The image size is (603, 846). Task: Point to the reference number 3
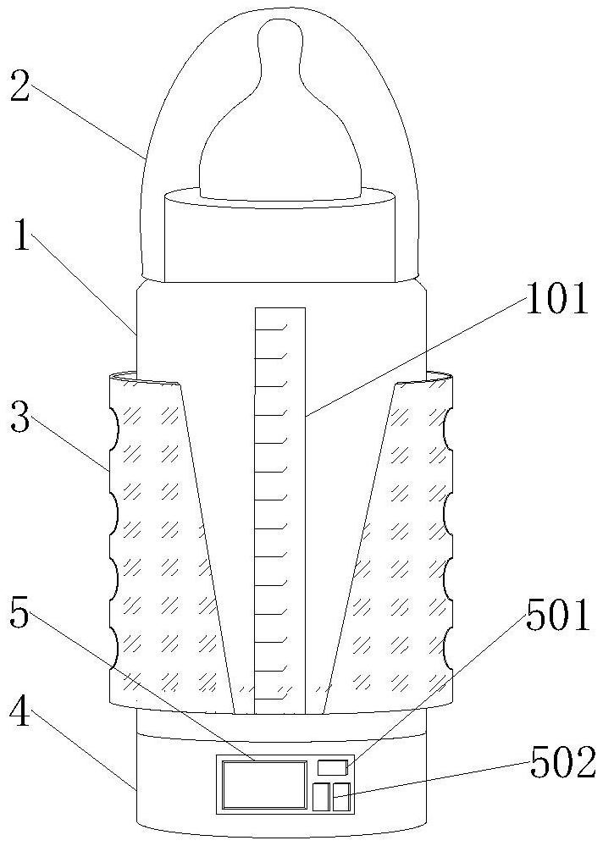click(21, 417)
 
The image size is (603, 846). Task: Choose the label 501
click(556, 617)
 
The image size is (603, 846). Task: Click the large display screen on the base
click(263, 784)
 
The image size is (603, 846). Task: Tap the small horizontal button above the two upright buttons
click(332, 768)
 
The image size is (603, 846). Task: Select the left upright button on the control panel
click(321, 797)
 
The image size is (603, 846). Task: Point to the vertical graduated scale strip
click(279, 508)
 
